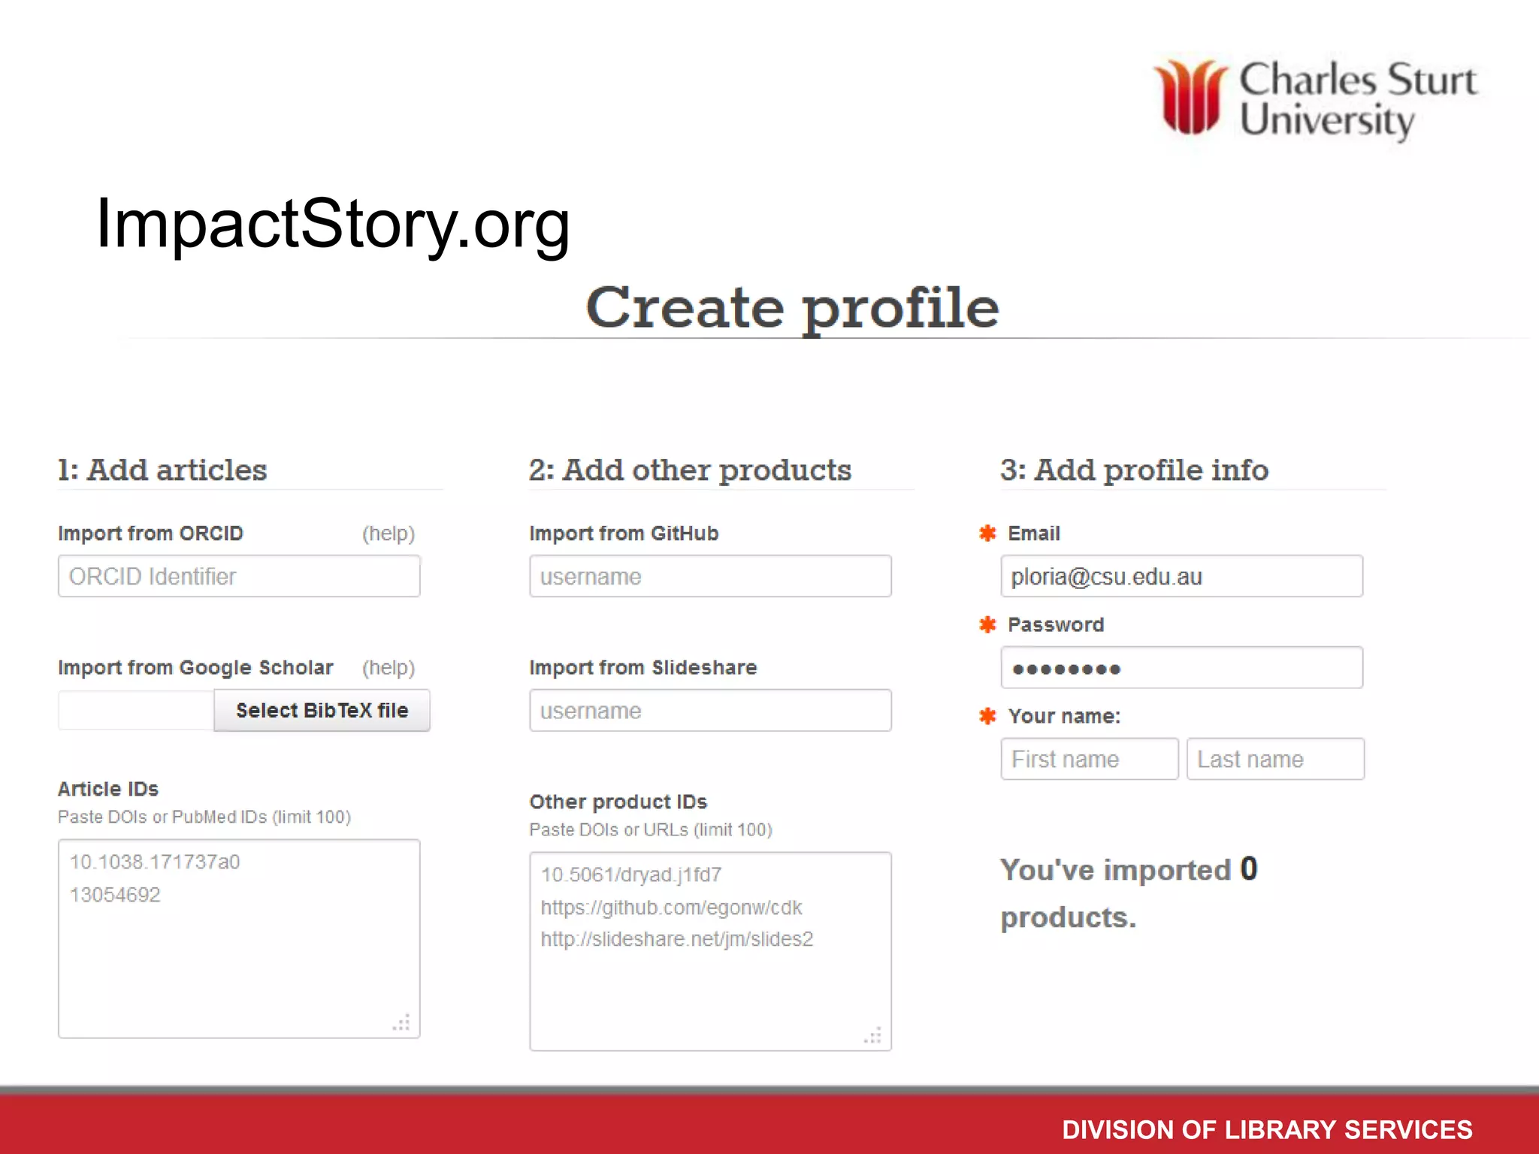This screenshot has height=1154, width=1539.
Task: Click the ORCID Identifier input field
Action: tap(239, 576)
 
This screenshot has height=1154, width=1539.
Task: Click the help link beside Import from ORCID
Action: tap(388, 533)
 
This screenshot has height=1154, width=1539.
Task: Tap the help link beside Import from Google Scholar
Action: tap(388, 667)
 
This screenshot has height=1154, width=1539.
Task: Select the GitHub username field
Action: tap(710, 576)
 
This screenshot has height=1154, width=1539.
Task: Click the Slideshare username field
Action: tap(710, 710)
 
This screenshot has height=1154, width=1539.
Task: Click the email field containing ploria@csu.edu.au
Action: tap(1181, 576)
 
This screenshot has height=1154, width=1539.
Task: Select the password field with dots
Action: tap(1181, 668)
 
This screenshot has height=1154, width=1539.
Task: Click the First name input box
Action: tap(1089, 759)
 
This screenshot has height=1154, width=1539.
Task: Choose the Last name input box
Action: tap(1275, 759)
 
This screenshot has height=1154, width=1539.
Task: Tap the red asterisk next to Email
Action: tap(987, 533)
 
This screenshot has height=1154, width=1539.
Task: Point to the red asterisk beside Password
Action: tap(987, 624)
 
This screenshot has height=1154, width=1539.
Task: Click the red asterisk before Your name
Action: tap(987, 716)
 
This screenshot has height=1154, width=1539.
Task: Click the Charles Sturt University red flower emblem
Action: tap(1190, 97)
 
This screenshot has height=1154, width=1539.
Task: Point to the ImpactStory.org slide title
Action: tap(333, 224)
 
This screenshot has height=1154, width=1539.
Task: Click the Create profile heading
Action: tap(792, 308)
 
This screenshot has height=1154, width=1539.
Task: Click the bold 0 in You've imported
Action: tap(1248, 869)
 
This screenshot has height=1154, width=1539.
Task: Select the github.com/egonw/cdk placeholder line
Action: tap(671, 908)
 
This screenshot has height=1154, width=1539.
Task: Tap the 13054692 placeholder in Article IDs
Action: tap(115, 895)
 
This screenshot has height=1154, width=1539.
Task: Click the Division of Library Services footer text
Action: tap(1267, 1129)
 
